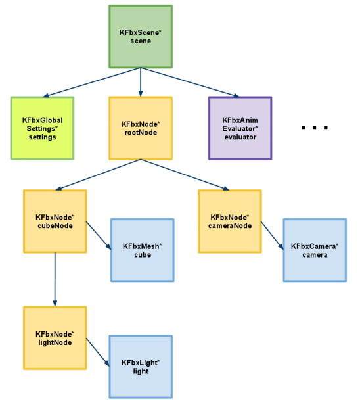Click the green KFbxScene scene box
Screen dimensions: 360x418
pyautogui.click(x=141, y=37)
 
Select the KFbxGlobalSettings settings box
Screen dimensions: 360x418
pyautogui.click(x=42, y=128)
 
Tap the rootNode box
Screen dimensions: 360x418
pyautogui.click(x=141, y=128)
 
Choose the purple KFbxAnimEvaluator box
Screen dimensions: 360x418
pyautogui.click(x=240, y=128)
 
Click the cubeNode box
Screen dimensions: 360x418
pyautogui.click(x=55, y=221)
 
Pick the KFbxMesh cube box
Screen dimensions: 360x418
pyautogui.click(x=143, y=250)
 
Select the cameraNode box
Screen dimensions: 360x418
pyautogui.click(x=230, y=221)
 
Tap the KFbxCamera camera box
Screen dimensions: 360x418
pyautogui.click(x=315, y=250)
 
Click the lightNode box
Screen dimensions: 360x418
pyautogui.click(x=55, y=338)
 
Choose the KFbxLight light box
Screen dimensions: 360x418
pyautogui.click(x=141, y=367)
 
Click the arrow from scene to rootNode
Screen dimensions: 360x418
pyautogui.click(x=141, y=82)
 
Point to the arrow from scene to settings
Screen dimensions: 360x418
pyautogui.click(x=91, y=82)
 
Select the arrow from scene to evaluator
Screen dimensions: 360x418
pyautogui.click(x=190, y=82)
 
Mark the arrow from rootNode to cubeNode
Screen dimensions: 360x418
pyautogui.click(x=98, y=175)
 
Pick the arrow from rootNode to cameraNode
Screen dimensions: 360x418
pyautogui.click(x=185, y=175)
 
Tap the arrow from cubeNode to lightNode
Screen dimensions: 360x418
pyautogui.click(x=55, y=279)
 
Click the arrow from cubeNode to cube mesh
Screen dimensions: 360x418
pyautogui.click(x=99, y=236)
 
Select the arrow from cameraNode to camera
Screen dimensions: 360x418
pyautogui.click(x=273, y=236)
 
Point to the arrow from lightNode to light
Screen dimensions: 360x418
pyautogui.click(x=98, y=352)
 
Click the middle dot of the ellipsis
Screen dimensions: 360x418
pyautogui.click(x=315, y=128)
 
